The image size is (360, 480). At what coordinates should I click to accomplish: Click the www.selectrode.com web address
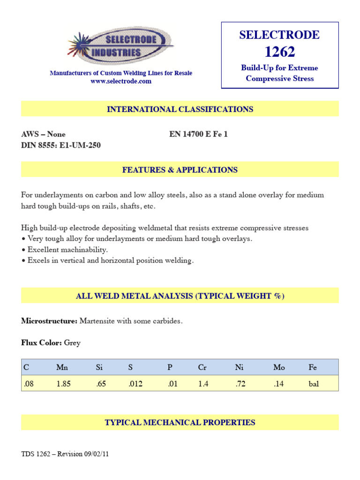(121, 81)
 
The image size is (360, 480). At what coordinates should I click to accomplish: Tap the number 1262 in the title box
(280, 52)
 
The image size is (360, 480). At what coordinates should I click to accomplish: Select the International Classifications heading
(180, 109)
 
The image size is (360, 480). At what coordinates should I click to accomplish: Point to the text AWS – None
(44, 134)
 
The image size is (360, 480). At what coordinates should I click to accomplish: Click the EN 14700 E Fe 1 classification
(198, 134)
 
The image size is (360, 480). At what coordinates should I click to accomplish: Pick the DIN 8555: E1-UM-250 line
(61, 145)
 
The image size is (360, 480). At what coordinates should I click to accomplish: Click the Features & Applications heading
(180, 170)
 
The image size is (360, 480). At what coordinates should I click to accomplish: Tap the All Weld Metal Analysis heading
(180, 296)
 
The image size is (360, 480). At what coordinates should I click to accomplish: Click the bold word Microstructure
(49, 321)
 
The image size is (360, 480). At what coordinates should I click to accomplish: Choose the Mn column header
(62, 367)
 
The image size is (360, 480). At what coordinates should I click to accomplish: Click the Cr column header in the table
(202, 367)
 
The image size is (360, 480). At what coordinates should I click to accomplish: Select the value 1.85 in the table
(63, 383)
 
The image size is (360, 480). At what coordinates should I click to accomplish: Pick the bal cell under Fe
(314, 383)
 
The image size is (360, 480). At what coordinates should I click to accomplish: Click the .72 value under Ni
(239, 383)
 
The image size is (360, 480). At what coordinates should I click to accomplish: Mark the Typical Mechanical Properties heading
(180, 422)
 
